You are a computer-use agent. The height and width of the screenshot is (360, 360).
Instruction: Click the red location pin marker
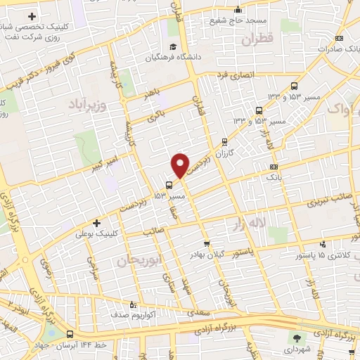click(180, 165)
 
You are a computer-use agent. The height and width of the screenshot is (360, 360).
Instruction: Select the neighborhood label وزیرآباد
click(87, 105)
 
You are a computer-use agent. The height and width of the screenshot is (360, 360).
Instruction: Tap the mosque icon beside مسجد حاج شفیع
click(238, 10)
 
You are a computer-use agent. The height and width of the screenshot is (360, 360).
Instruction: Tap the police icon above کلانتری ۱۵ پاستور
click(322, 245)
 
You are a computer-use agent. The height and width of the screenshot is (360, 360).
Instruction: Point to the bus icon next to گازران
click(224, 141)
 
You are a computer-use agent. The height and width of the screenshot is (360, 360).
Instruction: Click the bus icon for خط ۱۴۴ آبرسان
click(70, 335)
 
